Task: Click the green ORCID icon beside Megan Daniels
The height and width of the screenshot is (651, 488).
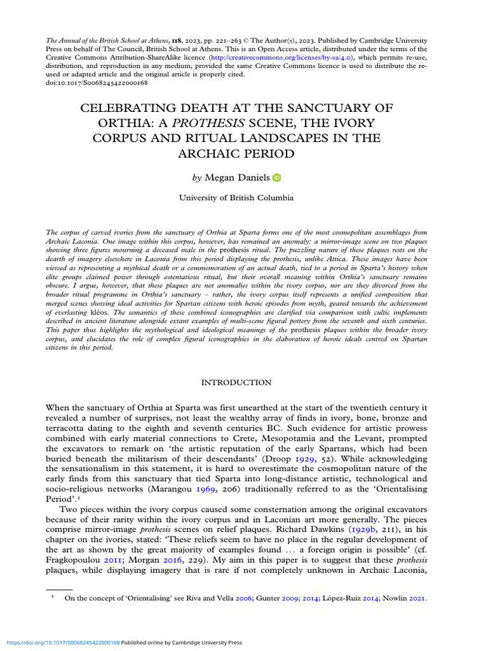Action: coord(276,178)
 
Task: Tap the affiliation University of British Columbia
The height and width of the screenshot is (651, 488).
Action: coord(236,198)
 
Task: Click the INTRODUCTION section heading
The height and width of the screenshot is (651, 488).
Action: coord(236,383)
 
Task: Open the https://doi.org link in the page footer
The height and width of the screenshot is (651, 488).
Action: coord(60,643)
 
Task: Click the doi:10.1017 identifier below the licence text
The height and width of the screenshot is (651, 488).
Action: coord(97,82)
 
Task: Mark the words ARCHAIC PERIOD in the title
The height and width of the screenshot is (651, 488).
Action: coord(236,154)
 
